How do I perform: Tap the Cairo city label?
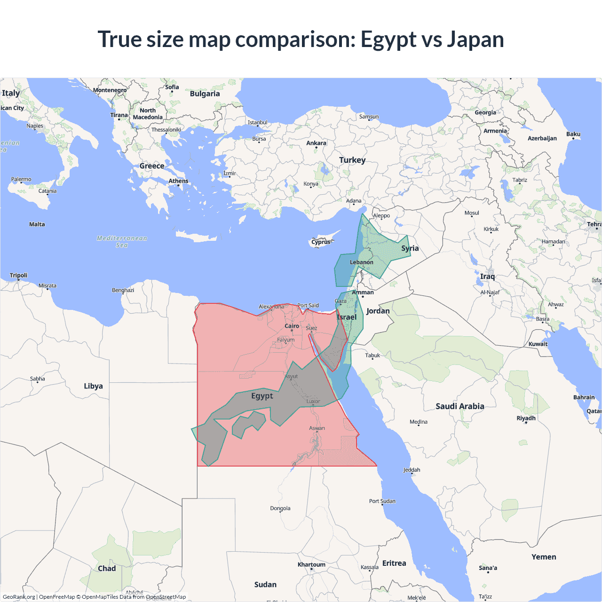[x=292, y=326]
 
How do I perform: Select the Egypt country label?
[x=262, y=396]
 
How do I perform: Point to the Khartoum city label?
[x=311, y=564]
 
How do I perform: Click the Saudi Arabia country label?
[x=459, y=406]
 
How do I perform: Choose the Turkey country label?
[x=352, y=160]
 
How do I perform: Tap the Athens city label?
[x=178, y=181]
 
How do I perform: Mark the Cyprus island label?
[x=321, y=242]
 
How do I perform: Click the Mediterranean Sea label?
[x=122, y=241]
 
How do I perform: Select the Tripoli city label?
[x=19, y=275]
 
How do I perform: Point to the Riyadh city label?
[x=526, y=418]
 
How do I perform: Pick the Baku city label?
[x=573, y=134]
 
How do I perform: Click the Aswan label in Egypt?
[x=317, y=428]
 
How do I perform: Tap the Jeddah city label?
[x=412, y=470]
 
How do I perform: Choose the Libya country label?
[x=93, y=386]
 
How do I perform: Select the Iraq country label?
[x=487, y=276]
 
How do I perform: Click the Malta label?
[x=37, y=224]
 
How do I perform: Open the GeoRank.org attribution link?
[x=19, y=597]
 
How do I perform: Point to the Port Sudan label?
[x=382, y=501]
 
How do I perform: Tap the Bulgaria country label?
[x=205, y=94]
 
